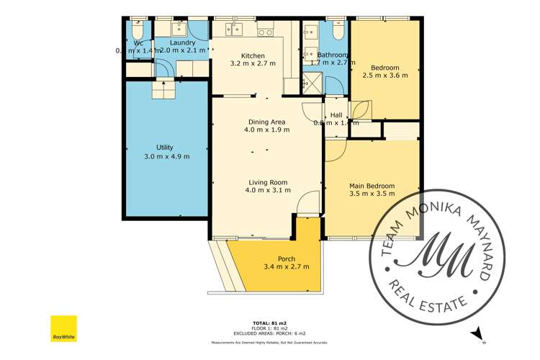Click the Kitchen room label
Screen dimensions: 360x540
(x=253, y=55)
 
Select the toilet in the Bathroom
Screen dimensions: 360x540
(x=337, y=29)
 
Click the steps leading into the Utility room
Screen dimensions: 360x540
(x=163, y=89)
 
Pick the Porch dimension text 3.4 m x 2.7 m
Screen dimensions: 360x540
(x=286, y=267)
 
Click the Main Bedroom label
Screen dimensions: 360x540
(x=370, y=186)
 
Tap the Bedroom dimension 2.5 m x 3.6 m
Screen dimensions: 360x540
(x=384, y=74)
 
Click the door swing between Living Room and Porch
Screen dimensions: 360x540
(x=308, y=204)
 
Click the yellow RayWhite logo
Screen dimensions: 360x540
(x=63, y=328)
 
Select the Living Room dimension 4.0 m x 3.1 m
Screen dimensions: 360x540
(x=268, y=191)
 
